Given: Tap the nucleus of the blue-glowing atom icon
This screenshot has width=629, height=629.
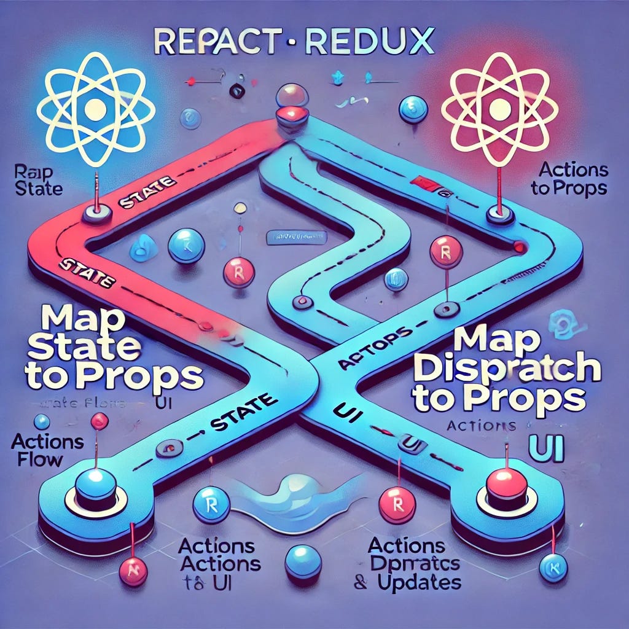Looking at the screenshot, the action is coord(95,109).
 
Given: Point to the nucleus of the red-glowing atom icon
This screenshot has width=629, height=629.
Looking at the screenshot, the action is coord(499,109).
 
